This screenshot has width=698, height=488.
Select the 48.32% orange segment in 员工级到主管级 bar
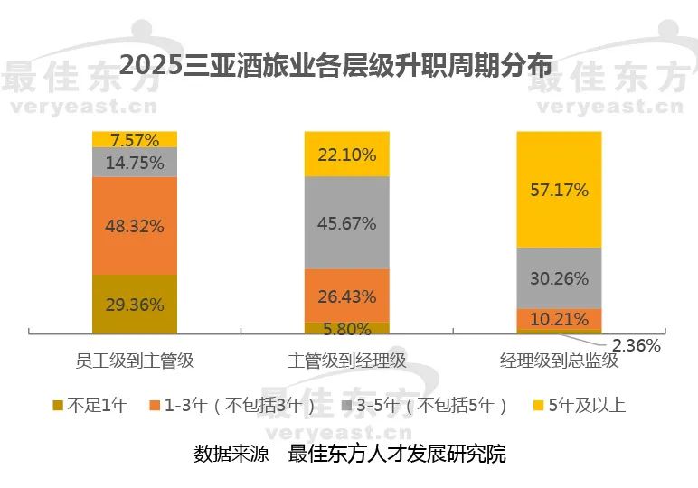[x=135, y=225]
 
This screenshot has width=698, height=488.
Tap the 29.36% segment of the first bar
[x=135, y=305]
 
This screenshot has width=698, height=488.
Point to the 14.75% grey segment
[x=135, y=163]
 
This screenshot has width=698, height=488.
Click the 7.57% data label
[x=135, y=139]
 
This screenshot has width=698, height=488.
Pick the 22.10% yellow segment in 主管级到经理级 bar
[x=347, y=154]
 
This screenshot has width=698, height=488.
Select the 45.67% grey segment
[x=347, y=222]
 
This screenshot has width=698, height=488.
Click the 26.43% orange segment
[x=347, y=296]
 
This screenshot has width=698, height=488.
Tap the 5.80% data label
[x=347, y=329]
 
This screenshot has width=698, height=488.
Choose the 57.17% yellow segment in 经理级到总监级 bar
[x=559, y=190]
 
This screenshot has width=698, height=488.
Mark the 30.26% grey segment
[x=559, y=277]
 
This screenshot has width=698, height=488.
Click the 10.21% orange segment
[x=559, y=319]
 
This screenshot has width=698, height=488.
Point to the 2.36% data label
[x=637, y=345]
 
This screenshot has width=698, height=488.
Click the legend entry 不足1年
[x=98, y=404]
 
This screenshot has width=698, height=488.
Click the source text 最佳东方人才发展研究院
[x=397, y=453]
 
